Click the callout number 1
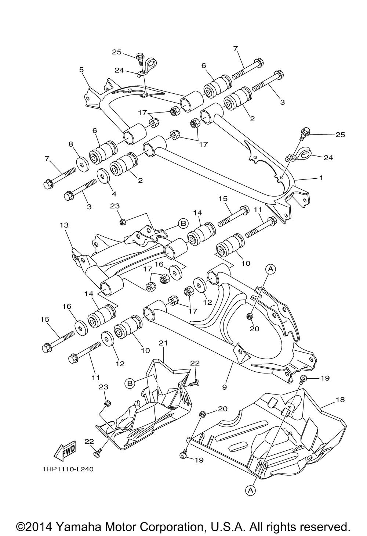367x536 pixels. pos(321,178)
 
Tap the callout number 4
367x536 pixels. pos(114,194)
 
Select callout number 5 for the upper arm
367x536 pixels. pos(81,70)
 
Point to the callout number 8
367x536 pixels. pos(71,144)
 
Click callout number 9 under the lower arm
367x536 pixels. pos(224,387)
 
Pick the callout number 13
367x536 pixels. pos(64,225)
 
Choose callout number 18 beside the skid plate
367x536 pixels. pos(340,399)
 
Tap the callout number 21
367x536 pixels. pos(163,343)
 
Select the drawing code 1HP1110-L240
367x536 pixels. pos(68,469)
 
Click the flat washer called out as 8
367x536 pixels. pos(82,164)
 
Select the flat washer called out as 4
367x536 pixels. pos(103,177)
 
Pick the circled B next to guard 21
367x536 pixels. pos(130,383)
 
